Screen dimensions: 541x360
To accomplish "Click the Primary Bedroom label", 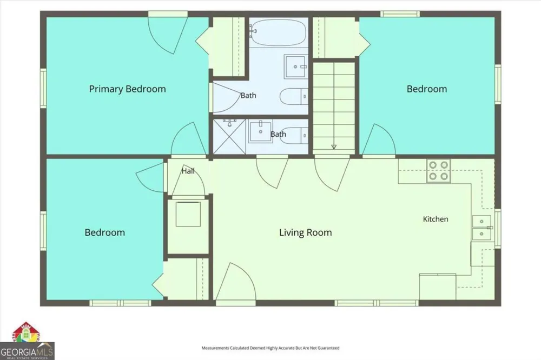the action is point(127,89).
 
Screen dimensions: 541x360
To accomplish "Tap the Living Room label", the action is point(305,232).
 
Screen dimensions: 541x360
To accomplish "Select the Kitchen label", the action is point(436,219).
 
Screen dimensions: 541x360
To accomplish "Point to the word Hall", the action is point(188,171).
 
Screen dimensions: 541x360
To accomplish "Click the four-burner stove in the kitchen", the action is point(439,171).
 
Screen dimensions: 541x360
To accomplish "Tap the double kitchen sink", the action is point(481,228).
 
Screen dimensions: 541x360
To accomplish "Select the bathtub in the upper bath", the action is point(278,33).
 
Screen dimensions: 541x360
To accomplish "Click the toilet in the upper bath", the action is point(294,97).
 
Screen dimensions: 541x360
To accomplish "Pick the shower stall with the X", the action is point(229,137).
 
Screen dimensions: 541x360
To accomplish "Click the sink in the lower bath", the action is point(261,131).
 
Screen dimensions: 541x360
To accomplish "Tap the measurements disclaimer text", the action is point(270,348).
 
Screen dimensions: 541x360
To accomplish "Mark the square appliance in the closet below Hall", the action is point(188,215).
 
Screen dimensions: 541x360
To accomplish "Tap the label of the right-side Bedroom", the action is point(427,89).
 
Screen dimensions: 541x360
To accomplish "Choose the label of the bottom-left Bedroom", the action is point(104,232).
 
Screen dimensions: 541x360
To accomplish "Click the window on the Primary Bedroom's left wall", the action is point(43,88).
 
